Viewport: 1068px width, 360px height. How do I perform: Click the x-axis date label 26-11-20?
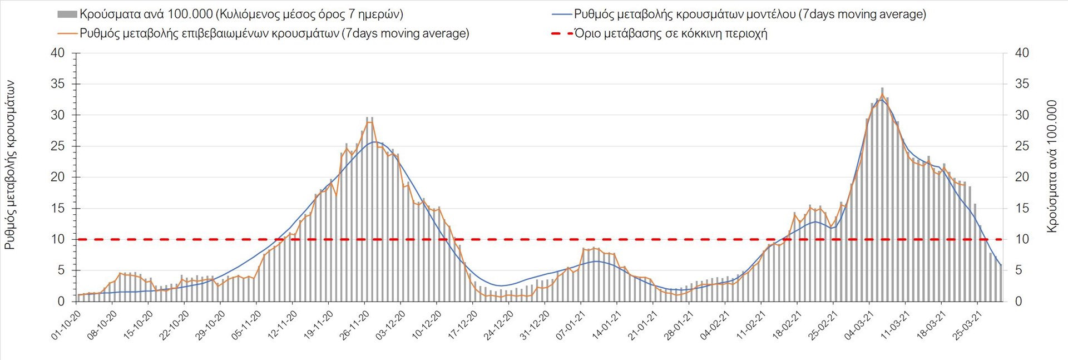click(x=355, y=325)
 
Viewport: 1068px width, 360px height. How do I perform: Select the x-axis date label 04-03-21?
click(x=858, y=325)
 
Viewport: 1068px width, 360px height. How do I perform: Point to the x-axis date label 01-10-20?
click(x=67, y=325)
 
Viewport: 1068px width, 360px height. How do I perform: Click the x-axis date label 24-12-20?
click(x=499, y=325)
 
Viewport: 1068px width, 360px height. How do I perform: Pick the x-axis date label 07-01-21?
click(x=571, y=325)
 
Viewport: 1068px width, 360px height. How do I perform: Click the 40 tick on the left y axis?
click(x=57, y=53)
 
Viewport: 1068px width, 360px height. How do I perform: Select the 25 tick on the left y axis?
click(x=57, y=146)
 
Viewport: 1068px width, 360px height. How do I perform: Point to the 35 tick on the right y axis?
click(x=1022, y=84)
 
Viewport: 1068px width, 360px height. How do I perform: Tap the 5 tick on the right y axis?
click(x=1018, y=270)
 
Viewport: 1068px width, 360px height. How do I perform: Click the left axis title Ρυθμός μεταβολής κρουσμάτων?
click(x=10, y=165)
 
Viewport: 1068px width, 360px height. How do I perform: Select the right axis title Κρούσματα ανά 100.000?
click(x=1051, y=166)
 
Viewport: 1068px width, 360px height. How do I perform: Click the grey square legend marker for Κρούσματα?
click(x=67, y=14)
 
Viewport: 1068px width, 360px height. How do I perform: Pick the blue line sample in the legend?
click(x=561, y=14)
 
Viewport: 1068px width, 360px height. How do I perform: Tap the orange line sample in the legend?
click(x=67, y=33)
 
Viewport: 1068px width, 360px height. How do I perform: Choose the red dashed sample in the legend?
click(x=561, y=33)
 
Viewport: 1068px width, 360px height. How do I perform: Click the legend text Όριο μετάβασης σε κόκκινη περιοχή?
click(x=671, y=33)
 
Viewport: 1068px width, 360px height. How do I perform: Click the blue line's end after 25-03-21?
click(x=1001, y=265)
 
